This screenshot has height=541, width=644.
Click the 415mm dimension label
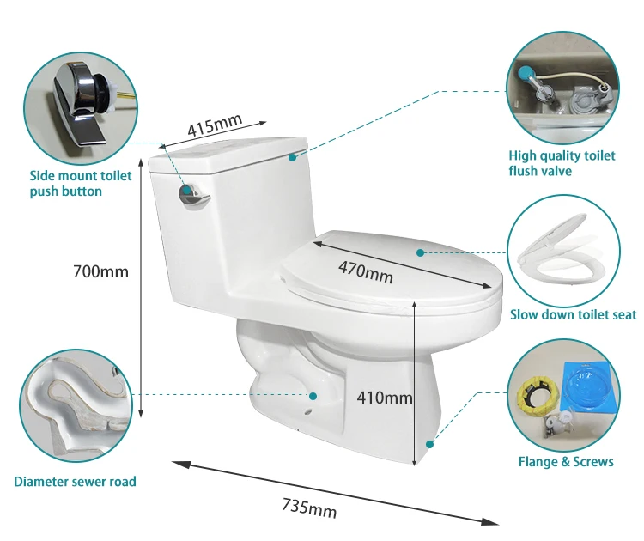click(x=215, y=125)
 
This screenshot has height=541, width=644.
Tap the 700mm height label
click(x=100, y=271)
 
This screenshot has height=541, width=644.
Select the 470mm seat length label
click(x=366, y=272)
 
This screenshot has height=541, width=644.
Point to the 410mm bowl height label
click(x=385, y=398)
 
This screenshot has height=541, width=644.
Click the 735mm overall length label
click(x=309, y=508)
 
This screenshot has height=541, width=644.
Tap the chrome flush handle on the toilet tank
click(x=193, y=195)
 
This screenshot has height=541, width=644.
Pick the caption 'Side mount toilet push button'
click(x=81, y=183)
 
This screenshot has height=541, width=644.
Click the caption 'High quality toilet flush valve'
click(x=562, y=162)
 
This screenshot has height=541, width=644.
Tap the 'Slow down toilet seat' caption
click(x=573, y=314)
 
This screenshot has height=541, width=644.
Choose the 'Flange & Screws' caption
click(x=566, y=461)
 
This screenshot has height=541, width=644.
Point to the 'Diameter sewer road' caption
click(x=76, y=481)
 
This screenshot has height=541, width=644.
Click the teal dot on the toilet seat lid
click(x=420, y=253)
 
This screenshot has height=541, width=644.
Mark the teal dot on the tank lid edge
click(x=292, y=157)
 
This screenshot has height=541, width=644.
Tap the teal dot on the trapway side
click(x=313, y=396)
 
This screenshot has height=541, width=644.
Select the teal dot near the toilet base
click(x=429, y=444)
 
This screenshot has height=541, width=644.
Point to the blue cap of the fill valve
click(x=524, y=74)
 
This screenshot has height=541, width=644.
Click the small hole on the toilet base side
click(x=307, y=412)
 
